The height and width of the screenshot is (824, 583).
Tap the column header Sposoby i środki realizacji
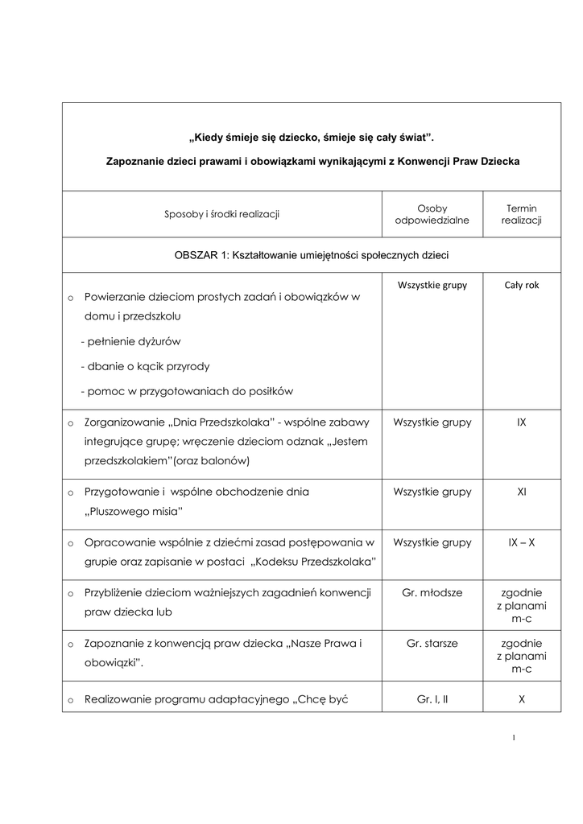[221, 214]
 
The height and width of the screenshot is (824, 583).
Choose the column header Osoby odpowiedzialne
[432, 214]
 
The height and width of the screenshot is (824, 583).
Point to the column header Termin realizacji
[521, 214]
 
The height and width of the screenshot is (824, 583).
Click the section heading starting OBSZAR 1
[312, 255]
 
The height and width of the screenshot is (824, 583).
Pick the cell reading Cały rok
[521, 285]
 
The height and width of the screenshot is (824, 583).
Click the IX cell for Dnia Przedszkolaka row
[521, 422]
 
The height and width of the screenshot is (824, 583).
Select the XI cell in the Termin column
[521, 492]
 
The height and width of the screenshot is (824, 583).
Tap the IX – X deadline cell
[521, 542]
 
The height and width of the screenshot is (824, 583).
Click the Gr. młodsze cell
[432, 593]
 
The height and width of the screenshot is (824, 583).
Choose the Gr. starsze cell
[432, 644]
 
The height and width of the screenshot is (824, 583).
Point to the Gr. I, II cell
[432, 700]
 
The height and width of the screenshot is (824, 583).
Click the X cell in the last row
[521, 700]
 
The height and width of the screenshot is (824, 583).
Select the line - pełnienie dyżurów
[130, 342]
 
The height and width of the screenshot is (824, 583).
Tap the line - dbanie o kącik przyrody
[145, 367]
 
